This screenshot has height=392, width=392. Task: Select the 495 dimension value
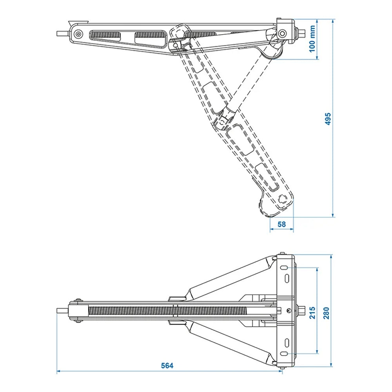pos(328,118)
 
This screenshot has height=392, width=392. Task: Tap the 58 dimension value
pos(281,224)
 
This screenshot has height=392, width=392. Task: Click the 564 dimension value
pos(167,365)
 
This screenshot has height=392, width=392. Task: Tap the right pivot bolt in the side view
pos(281,34)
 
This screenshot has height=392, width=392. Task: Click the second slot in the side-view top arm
pos(151,37)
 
